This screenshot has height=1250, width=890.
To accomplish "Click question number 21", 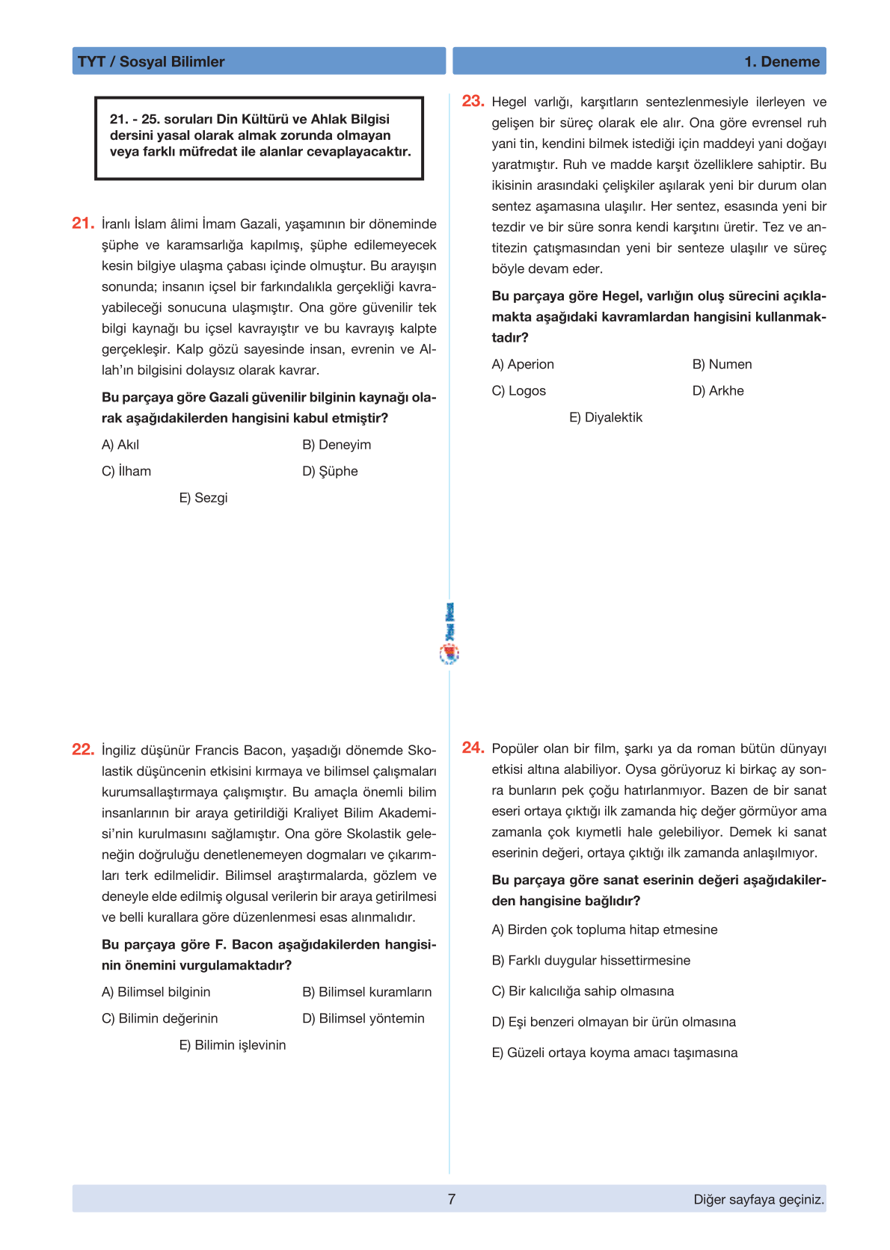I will (x=82, y=223).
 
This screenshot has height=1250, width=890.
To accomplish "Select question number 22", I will (x=82, y=749).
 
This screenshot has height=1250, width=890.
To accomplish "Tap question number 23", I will (x=473, y=101).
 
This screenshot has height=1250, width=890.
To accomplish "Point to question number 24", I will (x=473, y=748).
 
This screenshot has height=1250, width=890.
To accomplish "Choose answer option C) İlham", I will (x=126, y=471).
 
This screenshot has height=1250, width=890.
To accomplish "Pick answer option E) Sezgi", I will (x=203, y=498).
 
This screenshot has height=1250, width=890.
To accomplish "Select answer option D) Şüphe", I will (x=330, y=471).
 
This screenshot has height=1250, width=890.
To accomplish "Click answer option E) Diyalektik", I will (x=606, y=417).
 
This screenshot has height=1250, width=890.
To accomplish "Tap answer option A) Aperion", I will (x=523, y=364).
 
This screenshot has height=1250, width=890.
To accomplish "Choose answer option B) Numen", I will (x=722, y=364).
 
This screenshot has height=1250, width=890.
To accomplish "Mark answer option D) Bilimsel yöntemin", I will (x=363, y=1018).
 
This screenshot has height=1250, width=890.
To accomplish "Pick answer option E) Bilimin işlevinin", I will (x=233, y=1045).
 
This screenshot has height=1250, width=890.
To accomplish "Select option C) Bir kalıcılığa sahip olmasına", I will (x=583, y=991).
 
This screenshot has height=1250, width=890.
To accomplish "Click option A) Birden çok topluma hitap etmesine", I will (x=604, y=929).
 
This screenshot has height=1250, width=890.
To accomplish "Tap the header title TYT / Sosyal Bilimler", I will (x=151, y=61).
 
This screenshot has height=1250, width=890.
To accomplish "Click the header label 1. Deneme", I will (x=782, y=61).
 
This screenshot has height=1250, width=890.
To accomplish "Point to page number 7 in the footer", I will (x=452, y=1199).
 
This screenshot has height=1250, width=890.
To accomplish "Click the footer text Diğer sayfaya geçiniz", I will (x=758, y=1199).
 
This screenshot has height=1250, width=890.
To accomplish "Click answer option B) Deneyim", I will (x=337, y=445).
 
